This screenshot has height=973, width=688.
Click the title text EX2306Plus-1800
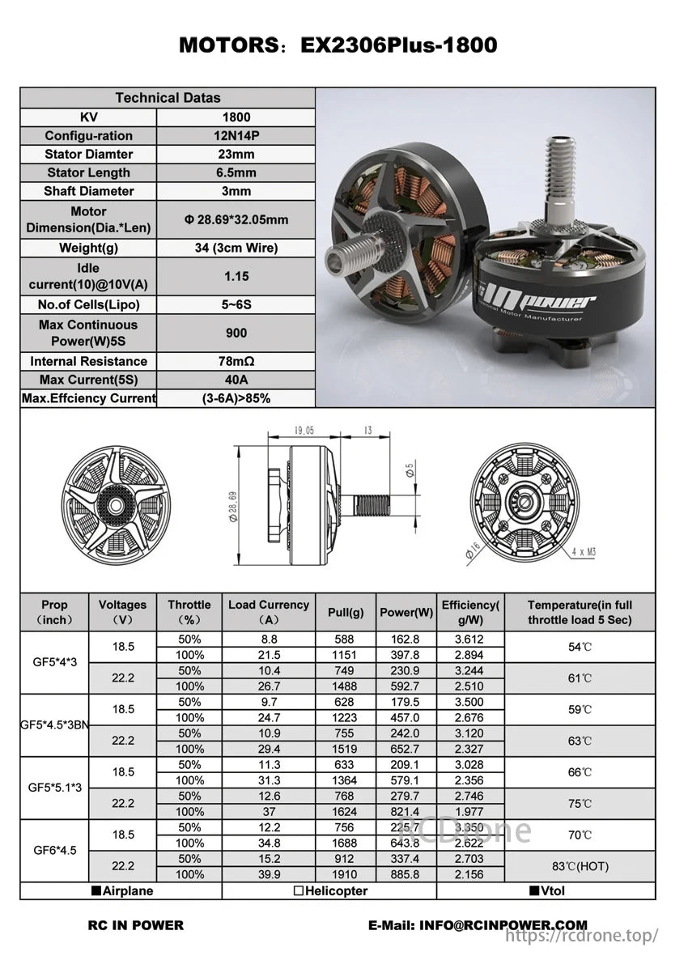[398, 45]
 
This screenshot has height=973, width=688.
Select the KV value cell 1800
[236, 117]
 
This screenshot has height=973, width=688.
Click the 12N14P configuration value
[236, 136]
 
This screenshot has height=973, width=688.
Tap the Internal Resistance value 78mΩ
[236, 361]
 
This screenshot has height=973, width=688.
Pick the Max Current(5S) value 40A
[236, 380]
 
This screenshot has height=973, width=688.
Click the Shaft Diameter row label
[88, 191]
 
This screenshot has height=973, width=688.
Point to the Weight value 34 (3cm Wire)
[236, 248]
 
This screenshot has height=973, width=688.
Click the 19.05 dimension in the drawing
[304, 431]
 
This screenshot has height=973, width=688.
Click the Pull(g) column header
[346, 613]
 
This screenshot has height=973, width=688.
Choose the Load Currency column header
[268, 612]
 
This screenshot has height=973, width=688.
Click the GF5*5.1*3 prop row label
[54, 788]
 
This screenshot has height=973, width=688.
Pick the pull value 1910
[346, 874]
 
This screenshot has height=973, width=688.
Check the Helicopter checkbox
[299, 891]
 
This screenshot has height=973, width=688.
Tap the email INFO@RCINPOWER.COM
[478, 925]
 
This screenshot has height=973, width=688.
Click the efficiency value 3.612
[469, 639]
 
